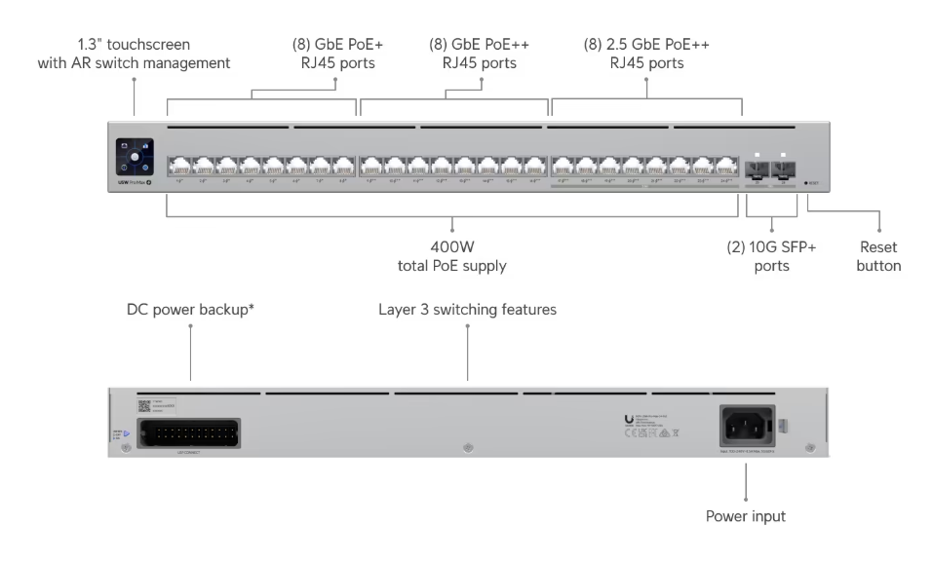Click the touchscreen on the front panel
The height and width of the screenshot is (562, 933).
point(134,155)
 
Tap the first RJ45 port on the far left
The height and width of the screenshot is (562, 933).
point(178,165)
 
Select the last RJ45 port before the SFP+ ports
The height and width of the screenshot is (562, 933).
point(726,165)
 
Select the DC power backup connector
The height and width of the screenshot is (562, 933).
point(189,432)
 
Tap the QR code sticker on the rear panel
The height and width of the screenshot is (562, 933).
point(143,406)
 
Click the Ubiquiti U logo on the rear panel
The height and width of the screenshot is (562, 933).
point(628,422)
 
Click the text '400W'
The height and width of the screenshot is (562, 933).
point(451,247)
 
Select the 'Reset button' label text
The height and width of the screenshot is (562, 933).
point(879,256)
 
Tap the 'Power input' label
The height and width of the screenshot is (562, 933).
point(746,516)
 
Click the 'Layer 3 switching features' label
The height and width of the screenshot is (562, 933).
point(467,310)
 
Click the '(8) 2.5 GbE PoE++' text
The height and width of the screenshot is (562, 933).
point(646,45)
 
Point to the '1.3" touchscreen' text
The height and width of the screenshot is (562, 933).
point(134,45)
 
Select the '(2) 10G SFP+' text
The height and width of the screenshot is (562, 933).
point(770,247)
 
